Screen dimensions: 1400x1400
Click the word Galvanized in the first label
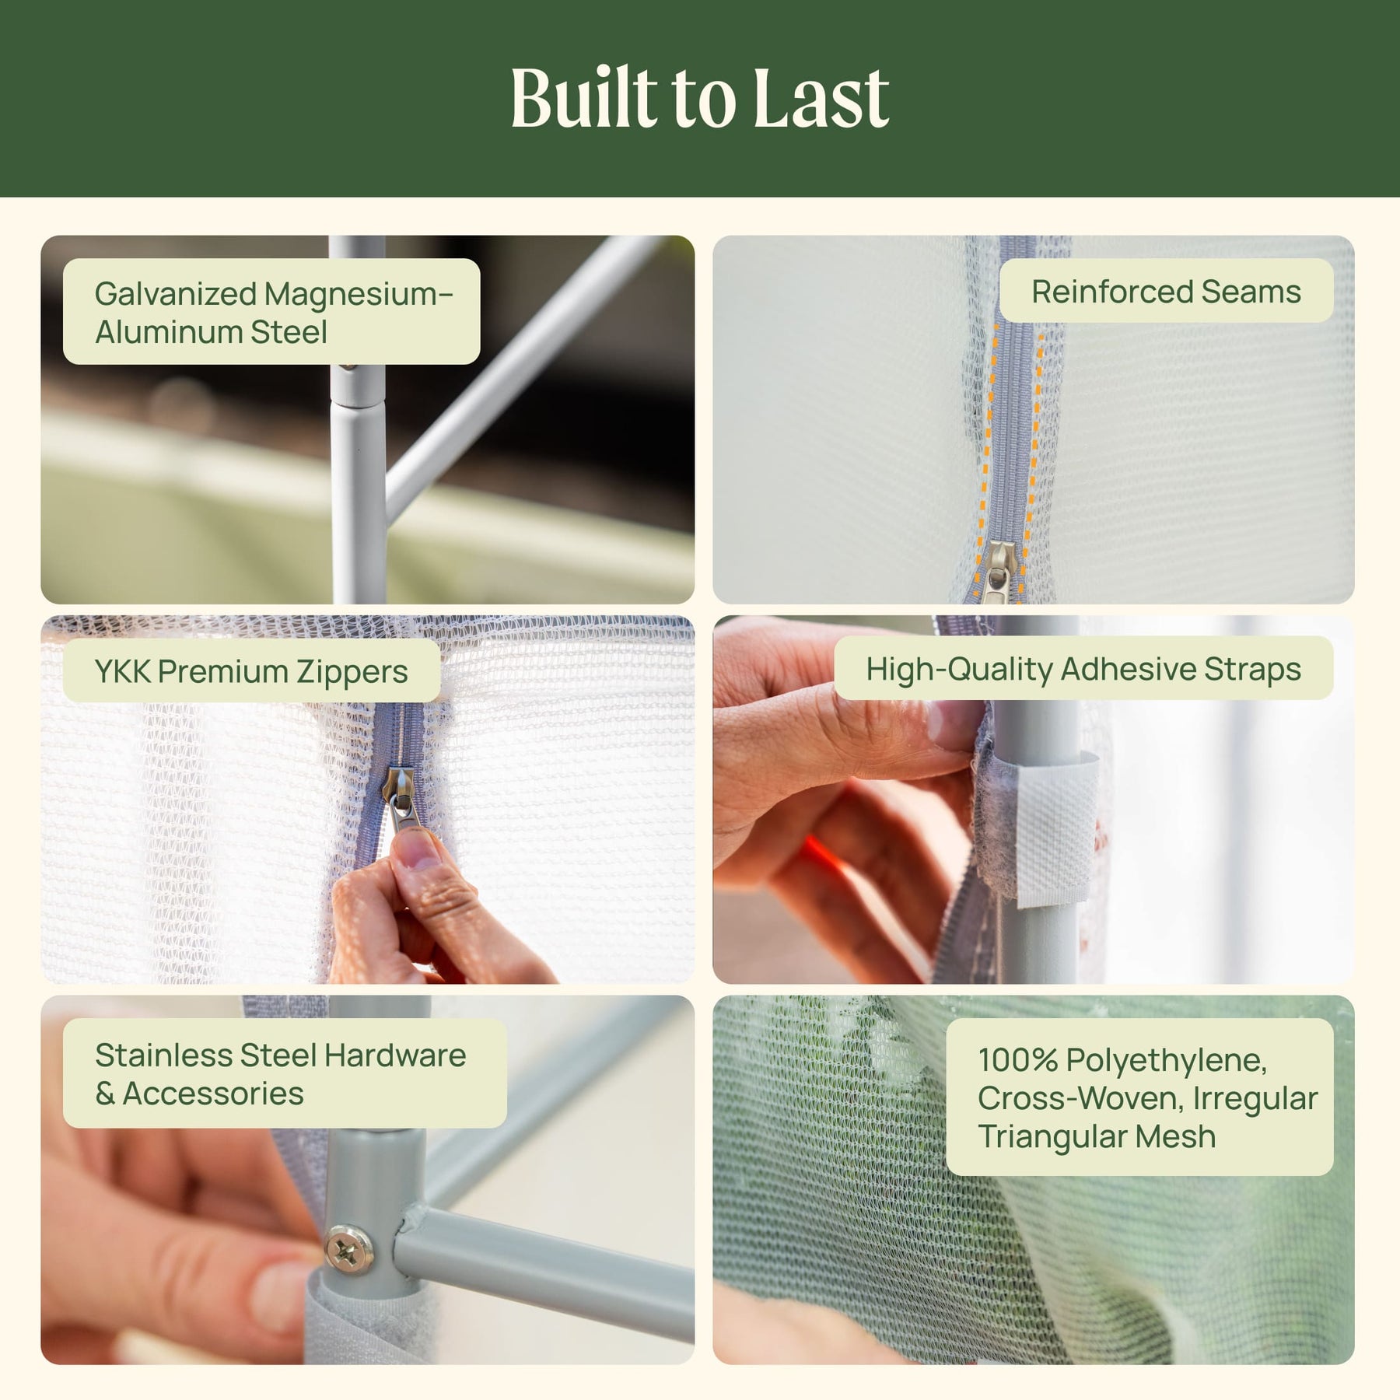(175, 295)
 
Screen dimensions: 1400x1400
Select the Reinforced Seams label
(1166, 292)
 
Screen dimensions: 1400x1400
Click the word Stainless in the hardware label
(163, 1055)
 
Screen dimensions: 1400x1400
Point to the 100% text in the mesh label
(1017, 1060)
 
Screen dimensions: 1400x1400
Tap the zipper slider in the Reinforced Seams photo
(1001, 568)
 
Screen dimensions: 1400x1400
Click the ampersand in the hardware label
(105, 1094)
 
